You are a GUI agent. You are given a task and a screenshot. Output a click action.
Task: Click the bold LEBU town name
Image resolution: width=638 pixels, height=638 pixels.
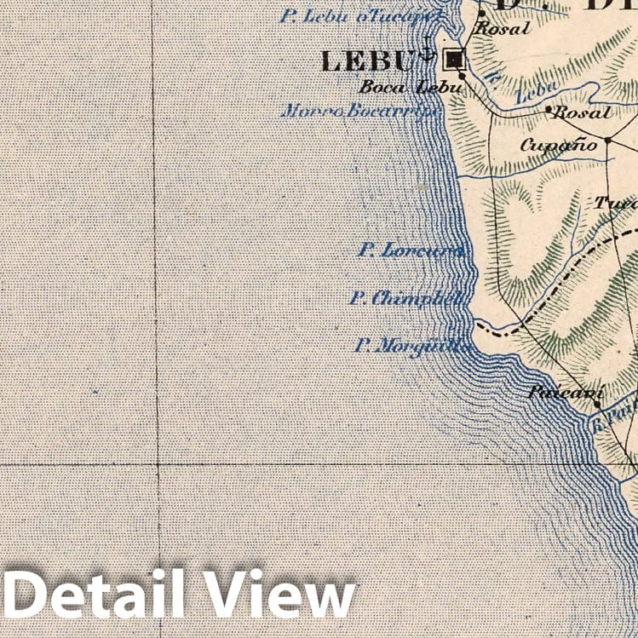point(365,61)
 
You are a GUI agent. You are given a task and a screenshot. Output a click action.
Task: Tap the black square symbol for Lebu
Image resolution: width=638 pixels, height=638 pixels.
point(454,59)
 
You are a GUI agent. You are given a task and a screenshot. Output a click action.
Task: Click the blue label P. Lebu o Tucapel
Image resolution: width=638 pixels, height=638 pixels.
point(361,16)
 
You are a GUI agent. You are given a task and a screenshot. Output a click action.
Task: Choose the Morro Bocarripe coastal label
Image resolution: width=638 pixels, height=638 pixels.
point(360,111)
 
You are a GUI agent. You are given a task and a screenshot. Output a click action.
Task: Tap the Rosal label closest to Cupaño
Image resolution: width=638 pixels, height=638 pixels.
point(582,112)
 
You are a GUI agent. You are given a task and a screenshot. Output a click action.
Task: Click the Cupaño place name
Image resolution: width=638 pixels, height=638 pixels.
point(558,145)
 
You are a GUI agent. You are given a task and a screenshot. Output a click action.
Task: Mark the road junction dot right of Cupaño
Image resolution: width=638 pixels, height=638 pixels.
point(608,140)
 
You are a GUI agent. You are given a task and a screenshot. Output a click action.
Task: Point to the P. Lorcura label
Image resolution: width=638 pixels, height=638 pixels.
point(411,251)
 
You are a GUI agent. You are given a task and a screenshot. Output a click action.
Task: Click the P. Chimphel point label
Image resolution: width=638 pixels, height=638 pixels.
point(408,299)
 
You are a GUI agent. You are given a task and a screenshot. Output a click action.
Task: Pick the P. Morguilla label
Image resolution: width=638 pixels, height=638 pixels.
point(412,346)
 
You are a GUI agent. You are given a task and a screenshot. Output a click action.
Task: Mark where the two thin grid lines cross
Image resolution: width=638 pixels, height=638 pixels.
point(158,464)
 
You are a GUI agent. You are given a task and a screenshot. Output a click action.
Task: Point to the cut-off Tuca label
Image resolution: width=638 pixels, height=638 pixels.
point(615,204)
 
